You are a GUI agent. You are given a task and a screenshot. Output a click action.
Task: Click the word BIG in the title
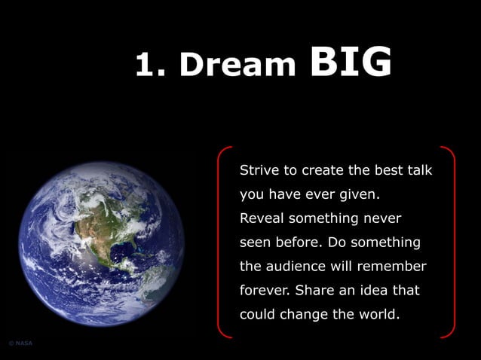pos(351,63)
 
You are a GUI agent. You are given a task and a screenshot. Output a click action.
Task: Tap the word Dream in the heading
pos(237,66)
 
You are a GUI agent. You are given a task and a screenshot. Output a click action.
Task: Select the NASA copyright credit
pos(20,343)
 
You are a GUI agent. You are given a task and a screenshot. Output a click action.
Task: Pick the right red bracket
pos(451,242)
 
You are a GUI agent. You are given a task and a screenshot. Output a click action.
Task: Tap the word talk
pos(419,170)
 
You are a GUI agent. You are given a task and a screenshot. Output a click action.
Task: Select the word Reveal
pos(261,218)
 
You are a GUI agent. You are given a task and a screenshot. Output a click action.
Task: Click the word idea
pos(376,291)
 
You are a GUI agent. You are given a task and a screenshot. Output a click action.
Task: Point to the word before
pos(303,243)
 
